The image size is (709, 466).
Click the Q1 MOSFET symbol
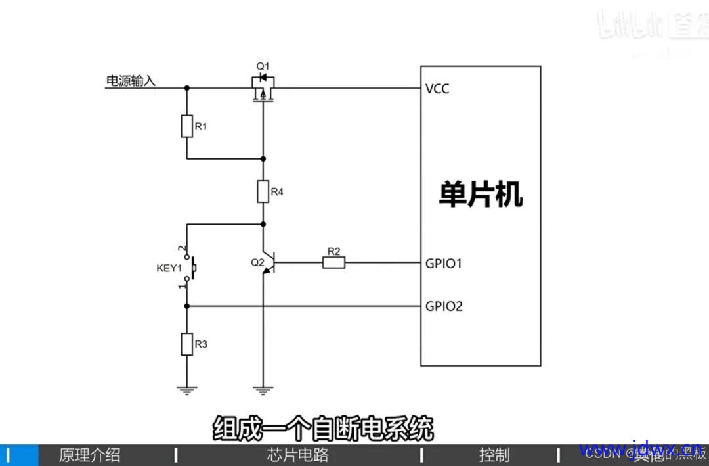click(x=263, y=87)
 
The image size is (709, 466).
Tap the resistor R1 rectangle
click(x=187, y=126)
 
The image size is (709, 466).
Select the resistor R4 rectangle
click(x=263, y=192)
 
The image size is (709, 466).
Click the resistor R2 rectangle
click(x=333, y=263)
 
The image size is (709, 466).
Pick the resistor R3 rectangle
click(x=187, y=344)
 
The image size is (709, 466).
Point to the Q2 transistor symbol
click(x=267, y=263)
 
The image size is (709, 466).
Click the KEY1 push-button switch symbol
click(x=191, y=268)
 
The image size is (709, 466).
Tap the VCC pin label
click(x=437, y=89)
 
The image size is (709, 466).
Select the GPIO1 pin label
click(x=444, y=264)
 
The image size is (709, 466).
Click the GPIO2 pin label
click(x=444, y=306)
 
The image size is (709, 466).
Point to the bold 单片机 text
click(x=481, y=195)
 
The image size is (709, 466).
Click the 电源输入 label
click(x=131, y=81)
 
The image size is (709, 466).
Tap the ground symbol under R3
click(x=187, y=390)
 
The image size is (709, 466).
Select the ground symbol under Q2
click(x=263, y=390)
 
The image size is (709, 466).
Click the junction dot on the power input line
click(x=187, y=87)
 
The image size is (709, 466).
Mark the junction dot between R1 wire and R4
click(x=263, y=158)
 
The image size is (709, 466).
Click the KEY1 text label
click(x=169, y=268)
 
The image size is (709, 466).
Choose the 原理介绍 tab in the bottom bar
click(x=90, y=455)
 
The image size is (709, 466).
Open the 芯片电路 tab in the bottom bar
click(x=297, y=455)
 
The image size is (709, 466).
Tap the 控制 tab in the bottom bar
click(x=494, y=455)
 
